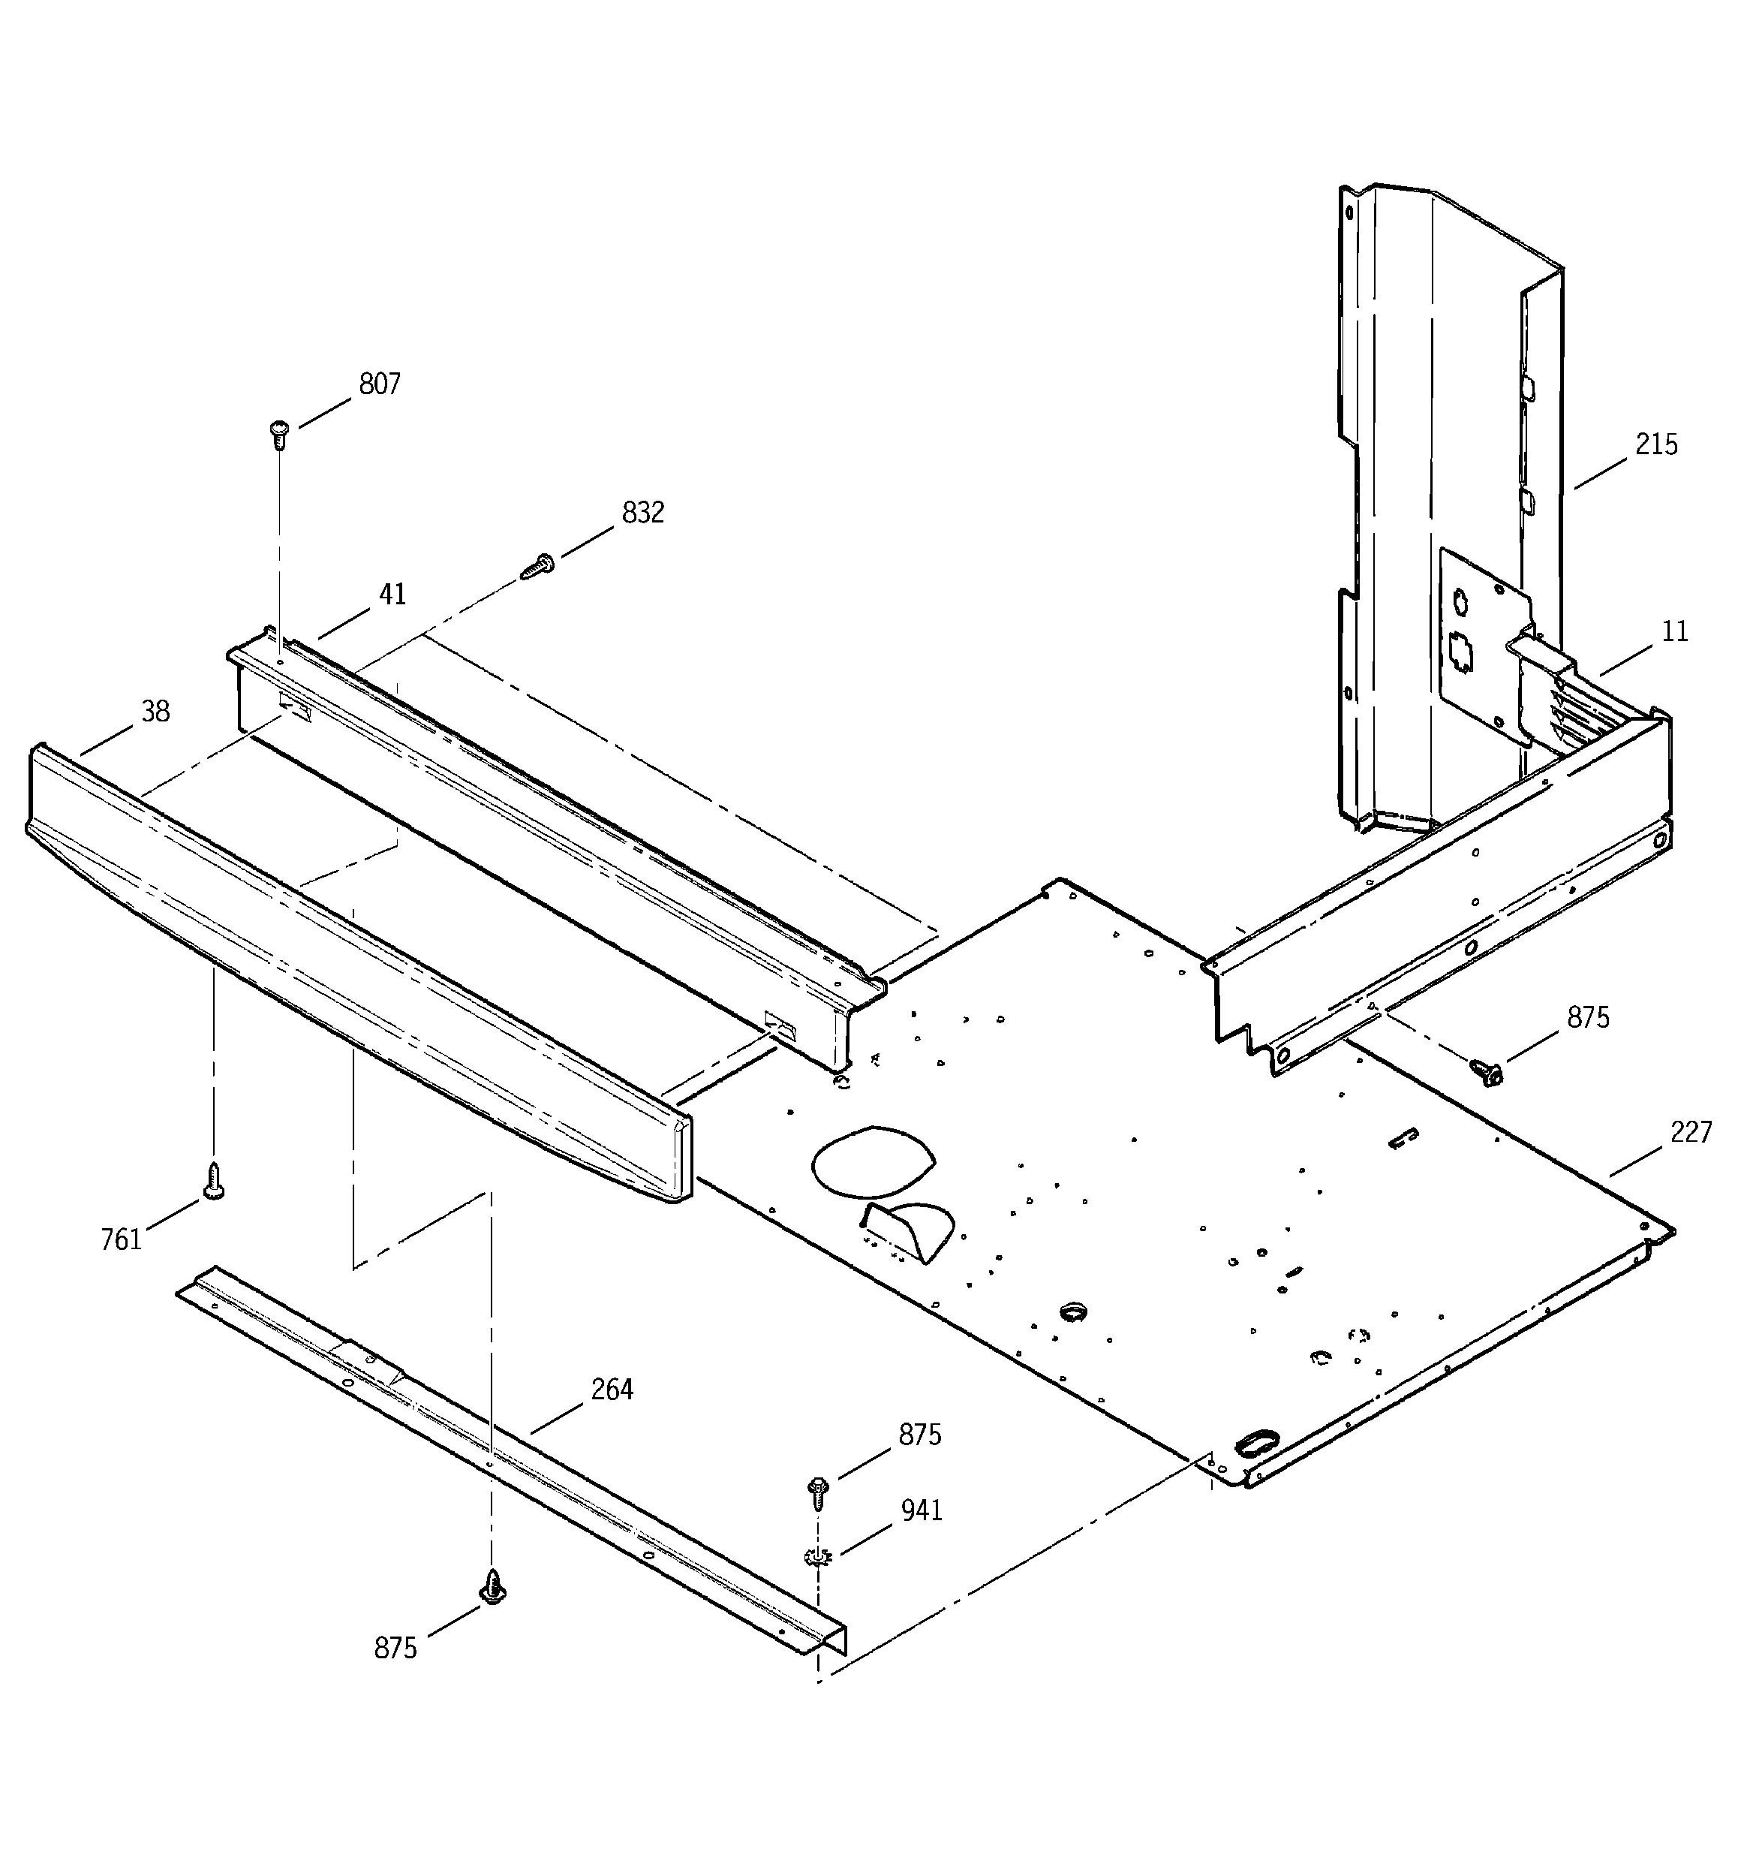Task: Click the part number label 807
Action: [x=380, y=384]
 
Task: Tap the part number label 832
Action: [x=643, y=512]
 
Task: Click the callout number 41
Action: [x=392, y=594]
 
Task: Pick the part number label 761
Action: [x=121, y=1240]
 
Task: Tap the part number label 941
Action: [x=922, y=1510]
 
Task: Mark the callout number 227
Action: [x=1691, y=1133]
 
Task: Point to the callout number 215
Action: [x=1656, y=444]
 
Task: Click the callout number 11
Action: [x=1675, y=632]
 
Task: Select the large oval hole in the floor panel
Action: [x=873, y=1161]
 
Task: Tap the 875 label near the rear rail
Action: [x=1588, y=1018]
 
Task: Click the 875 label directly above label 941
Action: [x=919, y=1435]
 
